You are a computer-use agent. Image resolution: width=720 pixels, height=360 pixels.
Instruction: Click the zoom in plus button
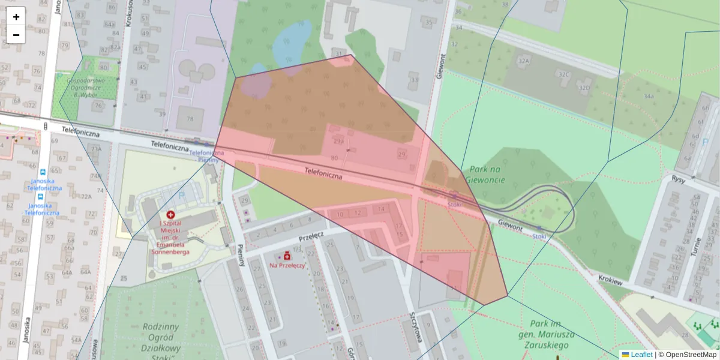click(x=16, y=17)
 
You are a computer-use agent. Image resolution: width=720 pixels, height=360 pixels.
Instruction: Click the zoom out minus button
click(x=16, y=35)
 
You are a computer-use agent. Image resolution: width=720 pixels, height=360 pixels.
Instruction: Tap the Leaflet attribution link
click(x=641, y=355)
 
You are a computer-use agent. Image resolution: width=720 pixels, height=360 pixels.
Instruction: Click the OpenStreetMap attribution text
click(x=691, y=355)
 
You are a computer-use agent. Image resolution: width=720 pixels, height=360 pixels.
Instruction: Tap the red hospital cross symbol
click(x=171, y=214)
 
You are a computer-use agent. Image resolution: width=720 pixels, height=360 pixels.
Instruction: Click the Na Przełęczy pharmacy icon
click(x=287, y=256)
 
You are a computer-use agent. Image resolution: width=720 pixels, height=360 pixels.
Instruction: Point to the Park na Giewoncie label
click(x=479, y=175)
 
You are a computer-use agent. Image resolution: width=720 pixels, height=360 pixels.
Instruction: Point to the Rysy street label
click(x=679, y=179)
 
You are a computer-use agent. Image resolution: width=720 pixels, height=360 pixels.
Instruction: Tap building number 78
click(x=190, y=119)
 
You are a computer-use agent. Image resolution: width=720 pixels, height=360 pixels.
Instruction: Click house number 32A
click(x=524, y=61)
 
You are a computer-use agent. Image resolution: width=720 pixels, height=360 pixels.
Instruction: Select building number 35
click(x=428, y=23)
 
